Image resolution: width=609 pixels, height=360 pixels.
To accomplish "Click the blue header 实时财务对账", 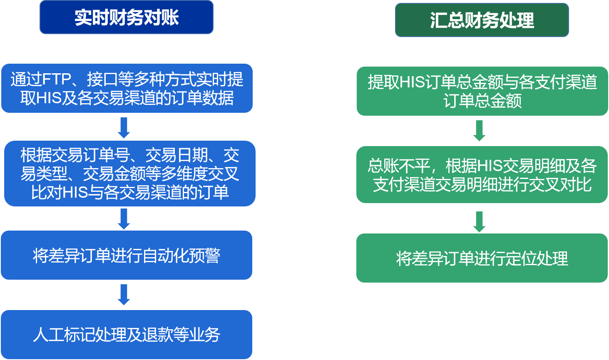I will (x=127, y=17).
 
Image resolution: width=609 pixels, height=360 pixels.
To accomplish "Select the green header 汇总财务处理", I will (x=482, y=20).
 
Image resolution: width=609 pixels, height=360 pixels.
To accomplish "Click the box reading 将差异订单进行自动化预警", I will (x=127, y=255).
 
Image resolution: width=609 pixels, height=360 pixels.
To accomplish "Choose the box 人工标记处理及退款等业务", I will (x=127, y=335).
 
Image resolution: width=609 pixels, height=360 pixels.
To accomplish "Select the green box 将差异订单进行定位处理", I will (x=482, y=258).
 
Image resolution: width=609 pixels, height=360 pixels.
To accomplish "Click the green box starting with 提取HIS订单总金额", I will (x=482, y=91).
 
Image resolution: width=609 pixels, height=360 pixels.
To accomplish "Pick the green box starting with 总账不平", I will (x=482, y=175).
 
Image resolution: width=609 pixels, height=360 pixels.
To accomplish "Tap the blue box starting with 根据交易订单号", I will (x=129, y=174).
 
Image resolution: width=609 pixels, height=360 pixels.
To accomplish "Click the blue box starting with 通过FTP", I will (x=127, y=88).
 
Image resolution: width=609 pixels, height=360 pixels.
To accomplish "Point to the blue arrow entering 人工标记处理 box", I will (x=124, y=295).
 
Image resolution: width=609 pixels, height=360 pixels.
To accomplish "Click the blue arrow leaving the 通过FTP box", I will (x=124, y=127).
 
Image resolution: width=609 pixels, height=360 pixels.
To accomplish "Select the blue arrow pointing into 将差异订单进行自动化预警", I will (x=124, y=218).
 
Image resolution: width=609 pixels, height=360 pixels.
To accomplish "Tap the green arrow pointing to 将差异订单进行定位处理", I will (x=479, y=221).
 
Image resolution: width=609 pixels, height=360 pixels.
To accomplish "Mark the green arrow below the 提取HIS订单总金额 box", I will (x=479, y=131).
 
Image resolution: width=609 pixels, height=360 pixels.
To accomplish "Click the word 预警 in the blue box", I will (x=204, y=255).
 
